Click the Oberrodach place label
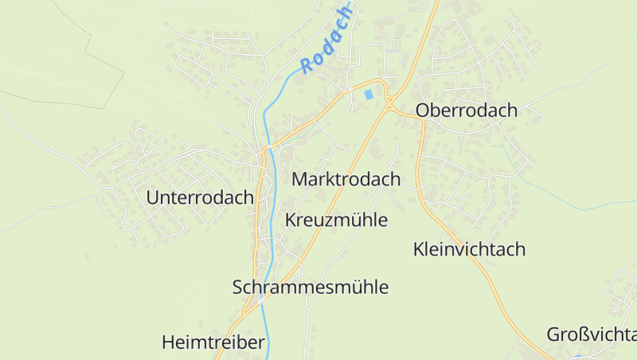click(467, 111)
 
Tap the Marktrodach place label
click(346, 179)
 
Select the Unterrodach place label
click(200, 198)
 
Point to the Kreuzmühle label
click(336, 220)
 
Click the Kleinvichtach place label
click(470, 249)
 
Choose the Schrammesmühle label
click(311, 288)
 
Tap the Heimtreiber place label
click(213, 343)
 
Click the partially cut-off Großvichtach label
click(592, 335)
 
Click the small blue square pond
click(368, 94)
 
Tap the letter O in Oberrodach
click(424, 111)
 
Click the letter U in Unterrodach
click(153, 198)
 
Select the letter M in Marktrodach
click(299, 179)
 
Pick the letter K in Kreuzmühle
click(290, 220)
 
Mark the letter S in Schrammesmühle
click(238, 288)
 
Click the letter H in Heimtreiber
click(168, 343)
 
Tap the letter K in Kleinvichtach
click(419, 249)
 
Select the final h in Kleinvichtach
click(521, 249)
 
